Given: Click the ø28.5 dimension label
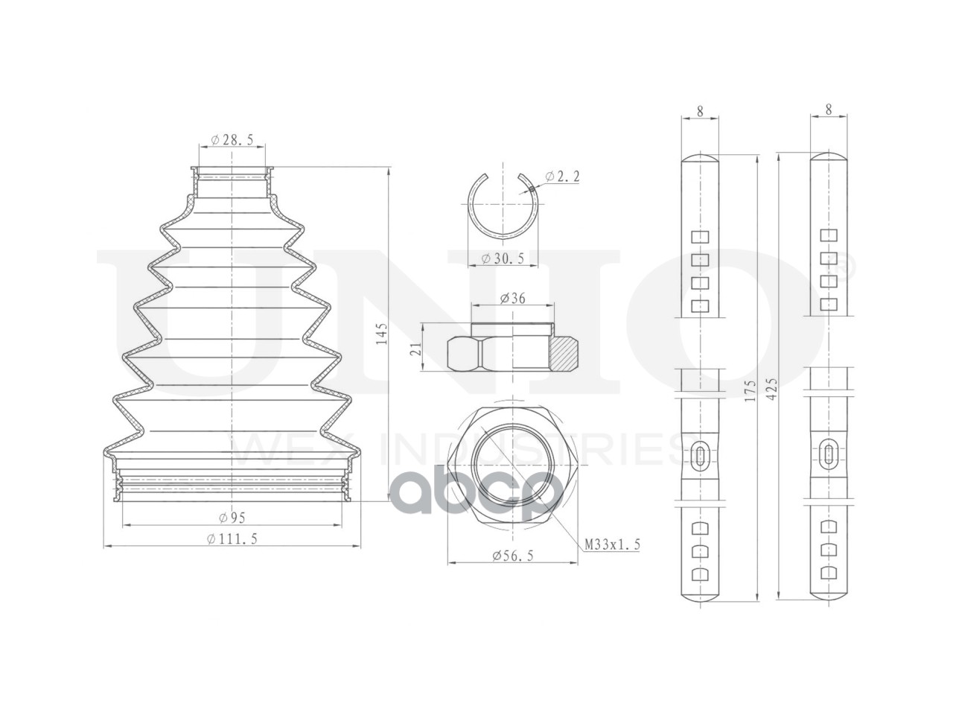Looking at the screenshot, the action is click(x=232, y=140).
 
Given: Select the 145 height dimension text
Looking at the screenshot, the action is click(x=381, y=334).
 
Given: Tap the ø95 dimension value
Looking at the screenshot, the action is click(x=232, y=518).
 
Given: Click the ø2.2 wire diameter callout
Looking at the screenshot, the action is click(x=562, y=177).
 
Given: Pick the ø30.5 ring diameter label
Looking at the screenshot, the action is click(x=503, y=258).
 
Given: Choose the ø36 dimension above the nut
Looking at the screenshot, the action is click(x=512, y=298).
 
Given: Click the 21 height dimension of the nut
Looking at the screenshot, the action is click(x=416, y=348).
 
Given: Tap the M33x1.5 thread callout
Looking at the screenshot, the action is click(x=612, y=544).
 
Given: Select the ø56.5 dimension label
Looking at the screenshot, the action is click(x=512, y=556).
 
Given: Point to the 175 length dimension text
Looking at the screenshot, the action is click(x=750, y=390).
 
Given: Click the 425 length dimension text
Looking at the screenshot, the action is click(x=771, y=390).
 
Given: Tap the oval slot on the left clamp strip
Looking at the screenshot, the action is click(x=700, y=457).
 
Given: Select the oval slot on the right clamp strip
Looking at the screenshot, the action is click(x=829, y=457).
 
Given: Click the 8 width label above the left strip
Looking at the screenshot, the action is click(x=700, y=111).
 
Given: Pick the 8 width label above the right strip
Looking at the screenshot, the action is click(x=829, y=109).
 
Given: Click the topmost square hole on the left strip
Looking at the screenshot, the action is click(x=700, y=237).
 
